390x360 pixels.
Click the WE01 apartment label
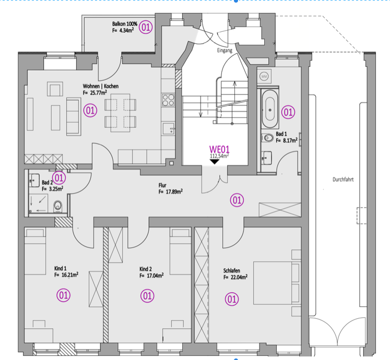[220, 149]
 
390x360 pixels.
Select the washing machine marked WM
[264, 76]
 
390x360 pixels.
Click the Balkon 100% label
[125, 25]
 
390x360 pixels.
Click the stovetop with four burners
[168, 100]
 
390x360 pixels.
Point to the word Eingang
[224, 51]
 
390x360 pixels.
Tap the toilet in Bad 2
[57, 205]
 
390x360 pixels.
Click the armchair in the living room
[55, 89]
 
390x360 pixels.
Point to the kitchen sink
[169, 128]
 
